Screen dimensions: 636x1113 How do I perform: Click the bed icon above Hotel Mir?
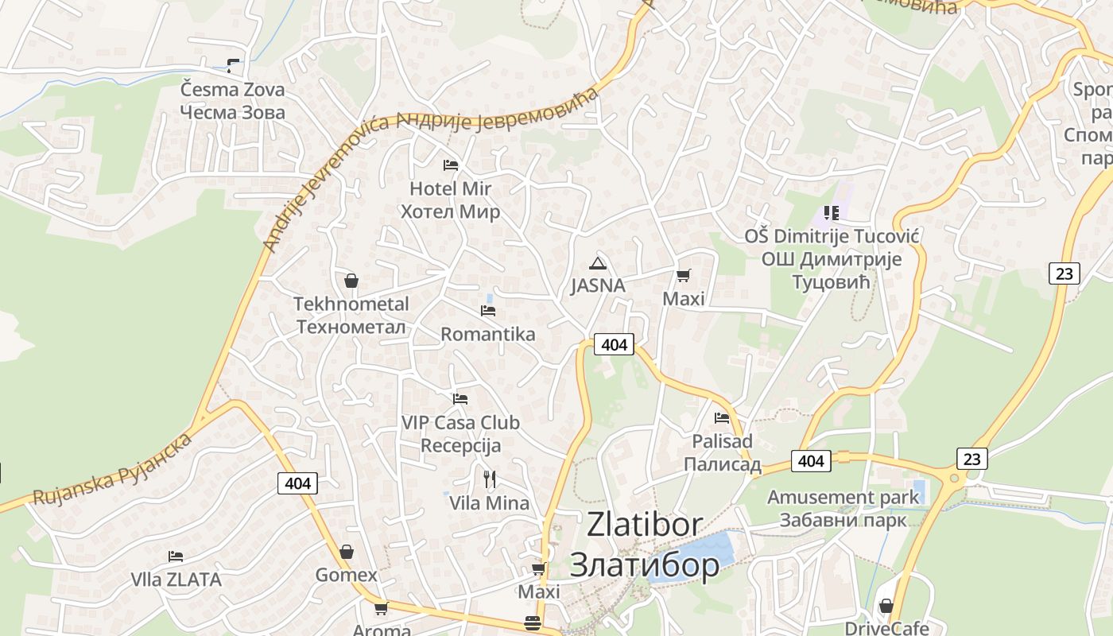[451, 165]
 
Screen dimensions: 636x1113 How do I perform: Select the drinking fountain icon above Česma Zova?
[232, 64]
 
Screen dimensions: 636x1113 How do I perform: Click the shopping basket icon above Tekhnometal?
[351, 281]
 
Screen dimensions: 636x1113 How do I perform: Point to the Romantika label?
[488, 335]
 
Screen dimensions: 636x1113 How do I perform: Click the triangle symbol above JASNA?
[598, 263]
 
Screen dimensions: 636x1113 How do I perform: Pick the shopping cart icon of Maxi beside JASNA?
[683, 276]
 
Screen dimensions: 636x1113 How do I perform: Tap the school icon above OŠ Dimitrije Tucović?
[832, 212]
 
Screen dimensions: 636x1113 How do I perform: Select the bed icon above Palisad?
[722, 417]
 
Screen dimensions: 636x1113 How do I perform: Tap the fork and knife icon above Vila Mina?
[490, 479]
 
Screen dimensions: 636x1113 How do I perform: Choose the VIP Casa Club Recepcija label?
[460, 433]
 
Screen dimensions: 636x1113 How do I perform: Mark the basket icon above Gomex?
[347, 552]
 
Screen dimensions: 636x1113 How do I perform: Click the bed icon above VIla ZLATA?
[176, 556]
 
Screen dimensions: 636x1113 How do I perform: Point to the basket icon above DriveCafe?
[886, 606]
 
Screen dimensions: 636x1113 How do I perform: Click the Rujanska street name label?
[111, 471]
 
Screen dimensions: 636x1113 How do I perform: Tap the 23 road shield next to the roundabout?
[971, 459]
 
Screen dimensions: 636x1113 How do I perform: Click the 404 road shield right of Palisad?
[811, 461]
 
